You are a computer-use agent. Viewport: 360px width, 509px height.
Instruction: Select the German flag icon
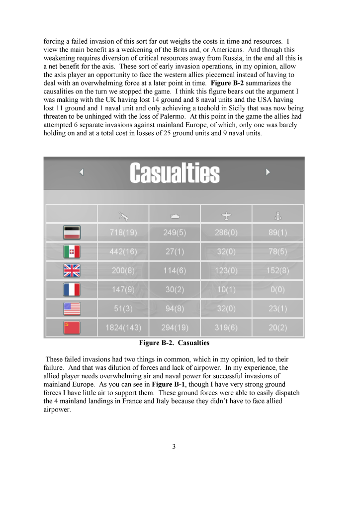click(72, 232)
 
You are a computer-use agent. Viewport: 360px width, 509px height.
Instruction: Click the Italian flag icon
click(72, 252)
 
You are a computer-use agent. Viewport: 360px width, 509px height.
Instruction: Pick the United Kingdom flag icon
click(72, 271)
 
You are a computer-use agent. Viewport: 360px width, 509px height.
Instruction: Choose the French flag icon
click(72, 290)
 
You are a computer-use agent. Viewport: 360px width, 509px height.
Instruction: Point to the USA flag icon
click(72, 309)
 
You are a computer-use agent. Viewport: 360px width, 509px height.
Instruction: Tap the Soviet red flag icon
click(72, 328)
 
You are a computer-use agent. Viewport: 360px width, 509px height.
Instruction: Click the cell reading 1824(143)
click(123, 328)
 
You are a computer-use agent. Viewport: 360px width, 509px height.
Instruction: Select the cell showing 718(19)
click(123, 232)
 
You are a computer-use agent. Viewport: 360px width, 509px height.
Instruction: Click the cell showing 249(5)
click(175, 232)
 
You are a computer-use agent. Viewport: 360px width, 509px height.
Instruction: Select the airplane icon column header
click(226, 215)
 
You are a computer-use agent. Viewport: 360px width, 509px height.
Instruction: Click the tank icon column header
click(175, 215)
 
